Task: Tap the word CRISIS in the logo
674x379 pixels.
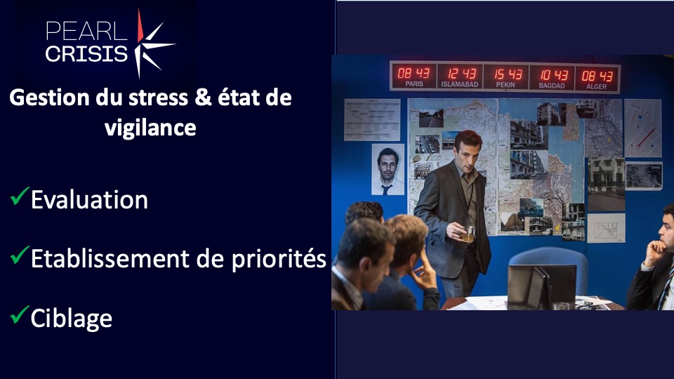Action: (86, 54)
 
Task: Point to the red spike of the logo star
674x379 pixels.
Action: (140, 26)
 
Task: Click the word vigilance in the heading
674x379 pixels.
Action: (150, 128)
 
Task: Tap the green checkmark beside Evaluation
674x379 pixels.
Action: (20, 196)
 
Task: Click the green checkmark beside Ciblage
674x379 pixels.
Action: (20, 314)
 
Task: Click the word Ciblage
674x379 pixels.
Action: (72, 319)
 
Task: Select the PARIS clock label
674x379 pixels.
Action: (414, 84)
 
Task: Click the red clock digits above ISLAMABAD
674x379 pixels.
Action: (462, 74)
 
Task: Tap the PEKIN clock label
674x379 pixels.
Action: (505, 85)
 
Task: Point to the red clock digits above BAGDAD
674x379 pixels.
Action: (554, 75)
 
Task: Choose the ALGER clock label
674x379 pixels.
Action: (597, 86)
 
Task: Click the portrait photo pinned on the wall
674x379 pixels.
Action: (388, 169)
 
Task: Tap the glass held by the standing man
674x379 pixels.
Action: (468, 234)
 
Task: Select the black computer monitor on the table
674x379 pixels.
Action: (542, 286)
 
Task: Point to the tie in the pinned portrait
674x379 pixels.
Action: (386, 188)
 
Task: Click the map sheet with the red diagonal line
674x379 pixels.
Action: (643, 128)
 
